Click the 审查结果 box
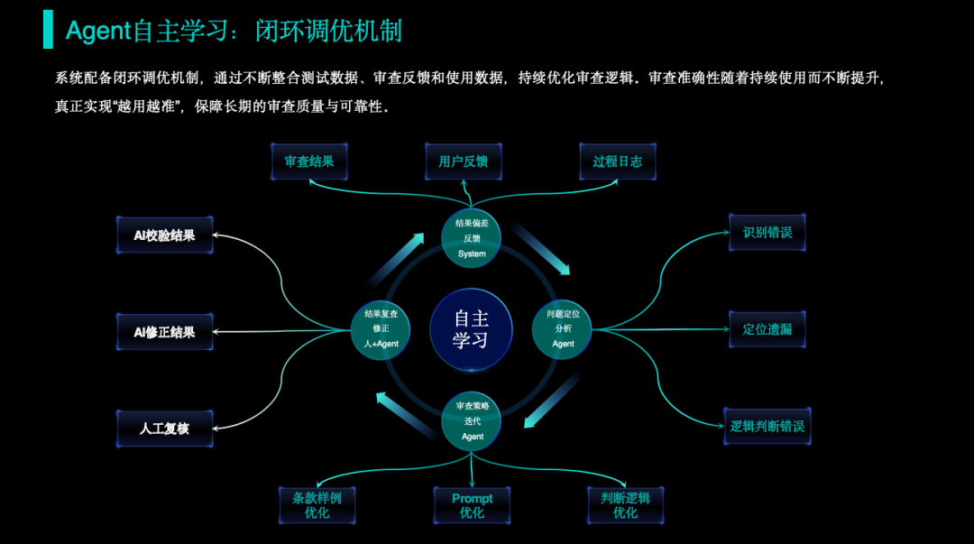(309, 162)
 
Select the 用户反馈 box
(463, 162)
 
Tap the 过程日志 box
(618, 162)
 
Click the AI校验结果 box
(164, 235)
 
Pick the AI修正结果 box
(164, 332)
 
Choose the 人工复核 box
(164, 429)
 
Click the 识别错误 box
(767, 233)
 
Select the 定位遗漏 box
(767, 329)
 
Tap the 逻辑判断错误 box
(767, 426)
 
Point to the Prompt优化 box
(472, 505)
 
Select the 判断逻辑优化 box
(625, 505)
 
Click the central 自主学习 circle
(471, 329)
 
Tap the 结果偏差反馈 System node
(471, 238)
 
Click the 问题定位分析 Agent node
(563, 329)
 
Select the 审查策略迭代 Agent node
(472, 421)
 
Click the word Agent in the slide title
(98, 31)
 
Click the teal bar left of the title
(48, 30)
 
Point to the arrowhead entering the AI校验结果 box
(216, 236)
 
